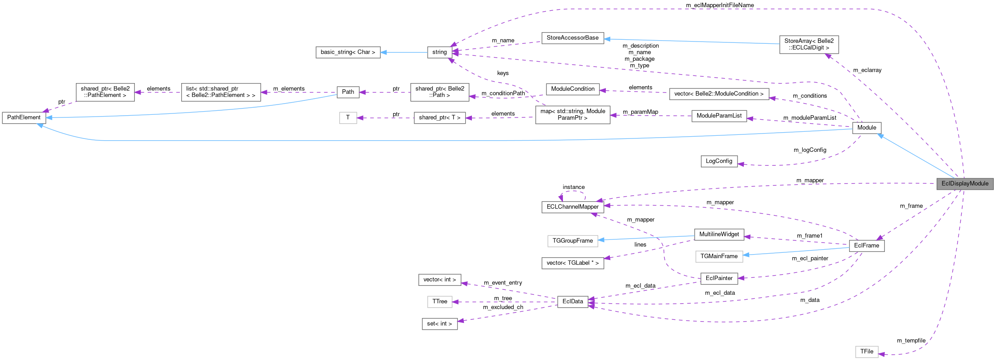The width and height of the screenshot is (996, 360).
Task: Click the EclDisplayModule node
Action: [965, 184]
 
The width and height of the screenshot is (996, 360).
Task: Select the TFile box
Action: [867, 352]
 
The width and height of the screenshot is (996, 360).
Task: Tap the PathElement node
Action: [24, 117]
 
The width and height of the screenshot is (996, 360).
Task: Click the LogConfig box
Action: [719, 161]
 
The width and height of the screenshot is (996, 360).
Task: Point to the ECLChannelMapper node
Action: [572, 207]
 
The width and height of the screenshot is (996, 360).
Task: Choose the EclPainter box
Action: [719, 278]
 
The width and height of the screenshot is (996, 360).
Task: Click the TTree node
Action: [439, 301]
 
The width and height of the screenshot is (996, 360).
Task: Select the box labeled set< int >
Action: [439, 324]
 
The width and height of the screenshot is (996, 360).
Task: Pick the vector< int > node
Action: [439, 280]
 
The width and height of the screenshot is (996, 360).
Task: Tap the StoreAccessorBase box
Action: [572, 38]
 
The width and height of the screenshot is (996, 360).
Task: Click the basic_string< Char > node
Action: [348, 52]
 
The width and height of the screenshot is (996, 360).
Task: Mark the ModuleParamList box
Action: [719, 116]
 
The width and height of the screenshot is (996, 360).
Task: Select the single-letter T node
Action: [348, 118]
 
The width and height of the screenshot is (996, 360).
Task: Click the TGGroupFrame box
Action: [572, 241]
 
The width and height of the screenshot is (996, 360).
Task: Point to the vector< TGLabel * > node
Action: [572, 263]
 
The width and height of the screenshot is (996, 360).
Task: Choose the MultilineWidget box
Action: [719, 234]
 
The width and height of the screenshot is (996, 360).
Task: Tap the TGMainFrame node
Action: [719, 256]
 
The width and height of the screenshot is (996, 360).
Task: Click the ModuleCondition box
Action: [572, 89]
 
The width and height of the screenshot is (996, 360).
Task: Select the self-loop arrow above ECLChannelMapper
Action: [572, 192]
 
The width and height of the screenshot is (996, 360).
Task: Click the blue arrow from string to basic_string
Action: [404, 52]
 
